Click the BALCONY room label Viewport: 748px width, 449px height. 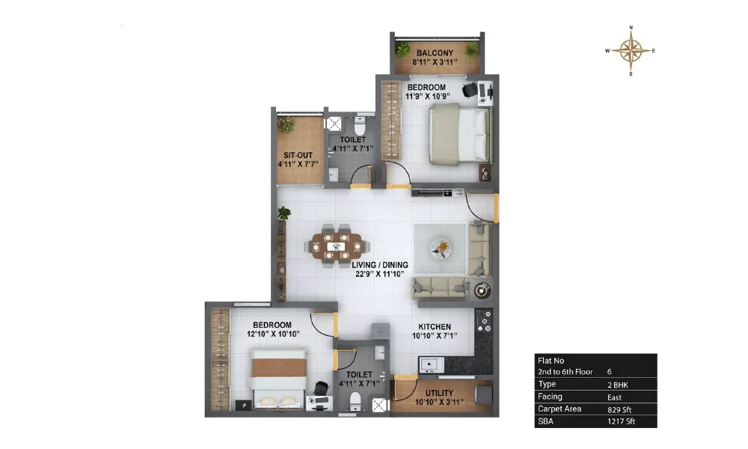pos(435,53)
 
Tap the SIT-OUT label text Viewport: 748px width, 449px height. pos(298,155)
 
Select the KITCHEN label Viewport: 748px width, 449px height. pos(435,327)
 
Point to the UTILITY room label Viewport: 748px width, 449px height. pos(439,393)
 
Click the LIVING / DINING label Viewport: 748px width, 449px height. pos(380,265)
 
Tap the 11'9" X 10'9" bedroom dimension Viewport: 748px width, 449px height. pos(427,97)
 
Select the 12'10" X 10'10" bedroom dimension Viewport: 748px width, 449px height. pos(273,334)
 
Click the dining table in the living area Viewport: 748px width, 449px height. pos(337,246)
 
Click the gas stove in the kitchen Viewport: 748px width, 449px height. pos(484,320)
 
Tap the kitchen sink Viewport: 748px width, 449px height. pos(432,365)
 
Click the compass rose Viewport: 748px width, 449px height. pos(631,51)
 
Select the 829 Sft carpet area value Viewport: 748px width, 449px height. pos(619,409)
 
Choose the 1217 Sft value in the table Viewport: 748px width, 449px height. pos(621,421)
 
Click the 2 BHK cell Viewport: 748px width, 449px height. pos(618,385)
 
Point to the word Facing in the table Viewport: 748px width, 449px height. pos(550,397)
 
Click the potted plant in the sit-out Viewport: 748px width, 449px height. pos(286,125)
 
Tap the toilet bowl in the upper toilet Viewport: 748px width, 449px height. pos(360,126)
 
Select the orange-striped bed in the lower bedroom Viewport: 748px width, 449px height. pos(278,379)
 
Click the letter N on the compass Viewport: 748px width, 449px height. pos(631,28)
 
